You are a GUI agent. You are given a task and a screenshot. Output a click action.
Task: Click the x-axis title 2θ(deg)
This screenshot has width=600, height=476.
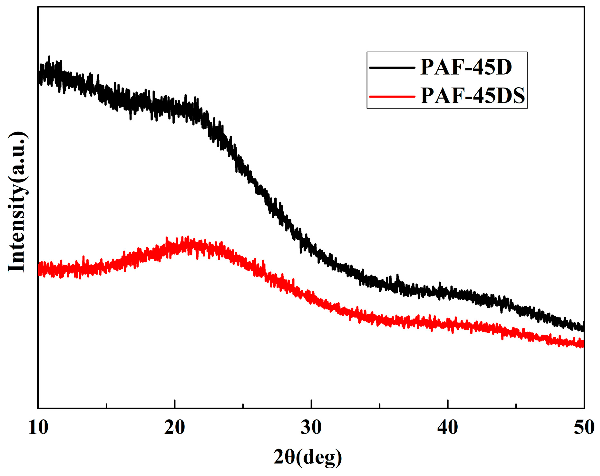(307, 457)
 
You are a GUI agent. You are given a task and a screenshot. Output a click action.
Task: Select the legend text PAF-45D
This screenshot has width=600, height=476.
(466, 67)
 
